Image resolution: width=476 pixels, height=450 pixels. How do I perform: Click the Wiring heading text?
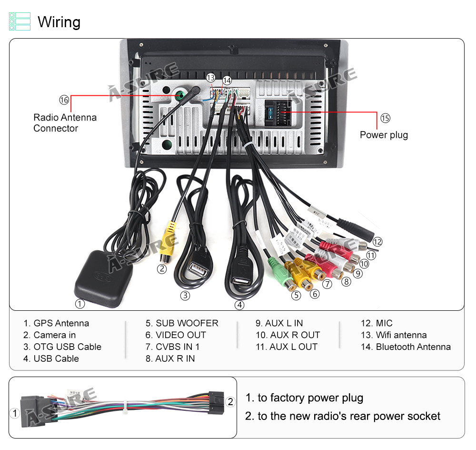tap(59, 22)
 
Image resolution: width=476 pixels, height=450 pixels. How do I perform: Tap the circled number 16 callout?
tap(64, 100)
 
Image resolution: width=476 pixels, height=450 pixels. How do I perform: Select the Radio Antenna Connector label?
tap(65, 123)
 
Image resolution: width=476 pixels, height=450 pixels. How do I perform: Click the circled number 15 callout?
tap(385, 118)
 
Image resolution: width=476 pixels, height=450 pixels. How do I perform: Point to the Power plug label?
tap(384, 135)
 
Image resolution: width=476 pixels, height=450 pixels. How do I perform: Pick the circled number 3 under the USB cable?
tap(185, 296)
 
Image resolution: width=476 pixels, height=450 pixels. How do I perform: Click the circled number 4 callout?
tap(240, 305)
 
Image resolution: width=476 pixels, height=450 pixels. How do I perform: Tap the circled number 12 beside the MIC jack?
tap(377, 242)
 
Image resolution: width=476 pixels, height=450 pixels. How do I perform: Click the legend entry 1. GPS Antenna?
tap(56, 323)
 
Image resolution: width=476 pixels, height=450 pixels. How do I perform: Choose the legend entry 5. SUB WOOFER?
tap(182, 323)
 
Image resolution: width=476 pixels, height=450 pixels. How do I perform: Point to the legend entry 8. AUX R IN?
tap(170, 358)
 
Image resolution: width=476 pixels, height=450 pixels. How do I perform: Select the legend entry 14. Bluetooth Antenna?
tap(406, 347)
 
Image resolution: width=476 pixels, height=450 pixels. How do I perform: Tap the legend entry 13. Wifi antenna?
tap(394, 335)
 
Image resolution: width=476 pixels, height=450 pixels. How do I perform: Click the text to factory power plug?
tap(304, 398)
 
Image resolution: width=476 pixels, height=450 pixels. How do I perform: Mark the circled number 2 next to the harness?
tap(230, 402)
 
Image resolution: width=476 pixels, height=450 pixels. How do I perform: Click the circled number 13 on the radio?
tap(210, 78)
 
